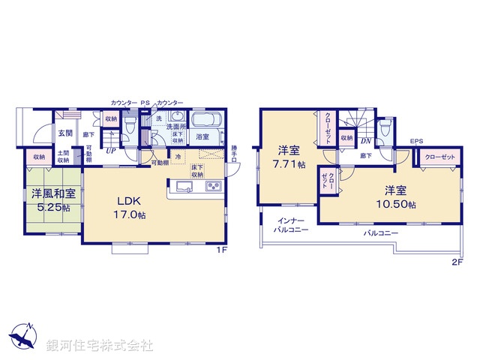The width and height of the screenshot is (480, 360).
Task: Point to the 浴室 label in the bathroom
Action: tap(202, 137)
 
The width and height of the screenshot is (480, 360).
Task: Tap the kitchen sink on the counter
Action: tap(184, 186)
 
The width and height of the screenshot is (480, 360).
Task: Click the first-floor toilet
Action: tap(130, 125)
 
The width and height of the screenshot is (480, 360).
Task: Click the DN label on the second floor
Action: tap(366, 140)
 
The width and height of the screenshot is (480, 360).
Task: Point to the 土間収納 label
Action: tap(64, 157)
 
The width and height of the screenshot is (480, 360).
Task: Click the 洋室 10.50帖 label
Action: tap(395, 197)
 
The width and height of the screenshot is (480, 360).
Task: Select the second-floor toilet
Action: tap(385, 129)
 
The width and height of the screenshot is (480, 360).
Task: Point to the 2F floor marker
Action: tap(457, 261)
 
